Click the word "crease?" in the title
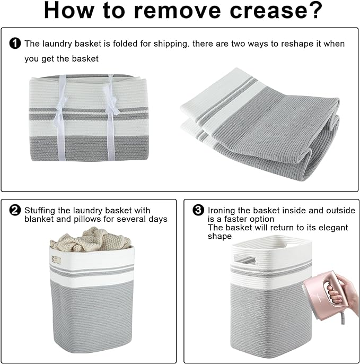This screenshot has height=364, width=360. point(276,10)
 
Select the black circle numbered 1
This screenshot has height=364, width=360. point(15,44)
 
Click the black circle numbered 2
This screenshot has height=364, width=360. point(15,210)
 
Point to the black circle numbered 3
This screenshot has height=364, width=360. point(198,210)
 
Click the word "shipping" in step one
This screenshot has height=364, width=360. point(171,44)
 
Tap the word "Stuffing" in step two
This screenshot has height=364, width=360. point(40,211)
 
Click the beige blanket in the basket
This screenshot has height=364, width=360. point(91,240)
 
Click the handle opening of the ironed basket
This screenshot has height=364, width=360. point(244,259)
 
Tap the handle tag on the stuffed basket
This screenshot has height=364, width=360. point(56,259)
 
